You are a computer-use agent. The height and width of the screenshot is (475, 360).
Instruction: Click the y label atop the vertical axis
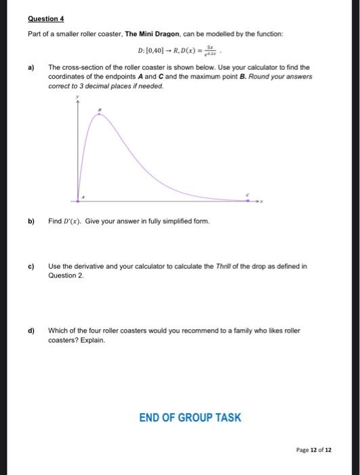pos(78,97)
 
